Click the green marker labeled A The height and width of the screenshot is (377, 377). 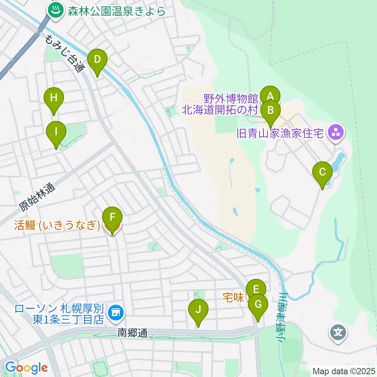point(270,96)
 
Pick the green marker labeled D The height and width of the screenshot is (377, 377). point(97,60)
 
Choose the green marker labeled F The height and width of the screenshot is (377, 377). point(112,218)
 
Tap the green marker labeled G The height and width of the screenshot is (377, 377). point(258,305)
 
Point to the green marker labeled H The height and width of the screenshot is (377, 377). point(54,98)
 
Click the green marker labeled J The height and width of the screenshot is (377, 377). point(198,310)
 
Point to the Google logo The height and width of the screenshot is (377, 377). point(26,368)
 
